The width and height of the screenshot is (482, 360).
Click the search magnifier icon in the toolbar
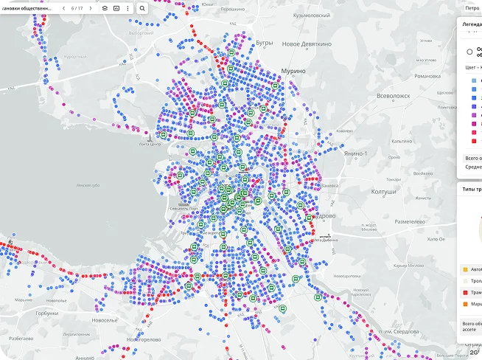click(142, 8)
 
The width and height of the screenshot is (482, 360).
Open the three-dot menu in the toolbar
click(128, 8)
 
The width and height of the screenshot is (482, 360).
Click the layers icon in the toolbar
click(105, 8)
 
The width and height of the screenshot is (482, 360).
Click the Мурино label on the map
click(293, 72)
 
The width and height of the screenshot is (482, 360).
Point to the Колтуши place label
click(384, 193)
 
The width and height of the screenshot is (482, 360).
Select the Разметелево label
click(408, 221)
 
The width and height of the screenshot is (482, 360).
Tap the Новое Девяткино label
click(307, 44)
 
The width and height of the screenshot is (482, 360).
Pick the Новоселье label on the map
click(104, 320)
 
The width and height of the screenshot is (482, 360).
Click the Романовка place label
click(427, 75)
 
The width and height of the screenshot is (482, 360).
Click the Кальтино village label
click(402, 141)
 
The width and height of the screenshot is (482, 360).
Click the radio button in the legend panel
click(469, 52)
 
